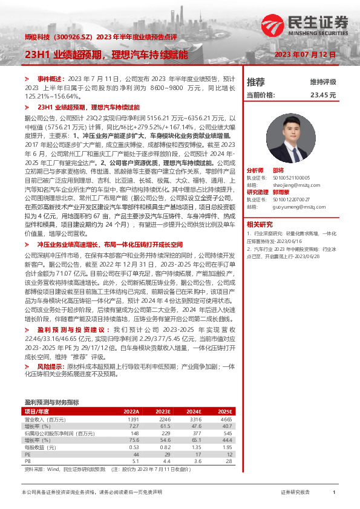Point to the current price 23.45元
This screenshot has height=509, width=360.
coord(322,95)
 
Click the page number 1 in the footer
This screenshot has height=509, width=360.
coord(334,493)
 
